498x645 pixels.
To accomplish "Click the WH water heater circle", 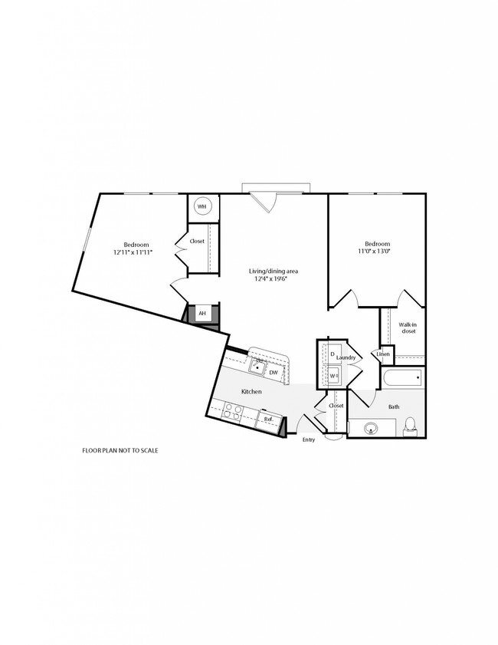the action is point(201,206).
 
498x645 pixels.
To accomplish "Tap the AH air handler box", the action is point(202,314).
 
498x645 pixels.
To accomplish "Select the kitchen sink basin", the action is point(257,366).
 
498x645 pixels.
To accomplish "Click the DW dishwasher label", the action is point(274,373).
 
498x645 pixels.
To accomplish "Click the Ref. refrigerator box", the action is point(269,420).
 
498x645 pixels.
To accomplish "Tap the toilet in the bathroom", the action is point(410,426).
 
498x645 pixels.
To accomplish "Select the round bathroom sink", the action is point(372,428).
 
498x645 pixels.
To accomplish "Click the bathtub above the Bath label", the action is point(403,377).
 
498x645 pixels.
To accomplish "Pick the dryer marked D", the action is point(333,354).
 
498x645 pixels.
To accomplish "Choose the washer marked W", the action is point(333,376).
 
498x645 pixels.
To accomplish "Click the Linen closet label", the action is point(383,354).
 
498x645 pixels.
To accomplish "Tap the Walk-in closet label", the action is point(408,327).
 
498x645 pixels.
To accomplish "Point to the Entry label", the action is point(309,439).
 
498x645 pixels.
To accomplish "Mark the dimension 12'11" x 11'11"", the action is point(133,252).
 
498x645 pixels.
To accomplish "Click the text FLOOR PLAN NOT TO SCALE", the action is point(120,450).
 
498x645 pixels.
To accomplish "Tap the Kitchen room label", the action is point(251,392).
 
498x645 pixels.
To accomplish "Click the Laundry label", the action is point(346,357).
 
